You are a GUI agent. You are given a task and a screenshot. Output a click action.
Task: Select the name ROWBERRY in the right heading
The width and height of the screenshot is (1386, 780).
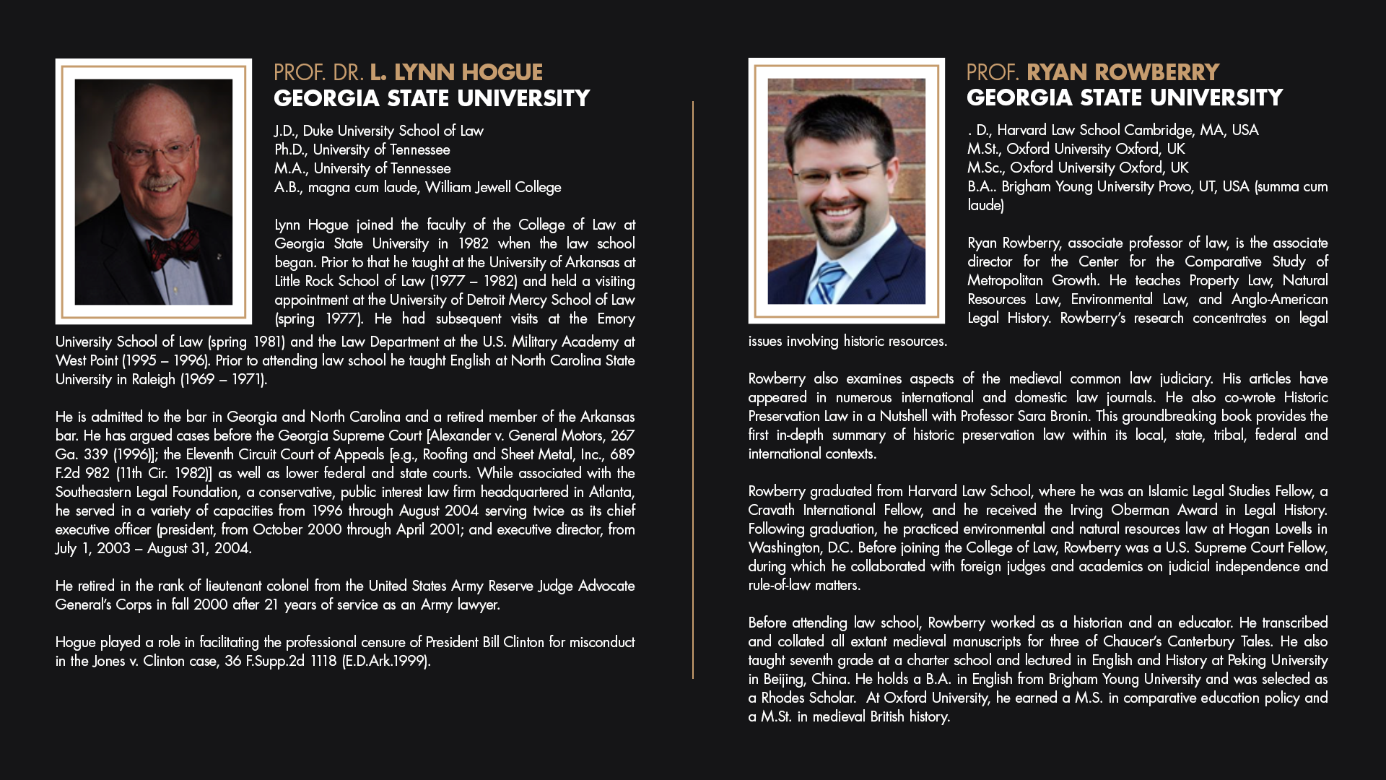[1159, 72]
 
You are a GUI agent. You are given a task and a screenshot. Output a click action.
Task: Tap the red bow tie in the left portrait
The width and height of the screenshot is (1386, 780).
[173, 246]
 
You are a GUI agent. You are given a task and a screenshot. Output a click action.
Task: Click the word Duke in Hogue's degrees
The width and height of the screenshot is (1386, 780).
[318, 131]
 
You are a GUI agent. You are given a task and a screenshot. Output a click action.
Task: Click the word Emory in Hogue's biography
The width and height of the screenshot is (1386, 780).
[616, 318]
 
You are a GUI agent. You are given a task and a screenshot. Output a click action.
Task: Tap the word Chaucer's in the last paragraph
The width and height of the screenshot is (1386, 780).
[1132, 641]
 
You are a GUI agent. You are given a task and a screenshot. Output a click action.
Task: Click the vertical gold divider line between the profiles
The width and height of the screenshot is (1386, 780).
[693, 390]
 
